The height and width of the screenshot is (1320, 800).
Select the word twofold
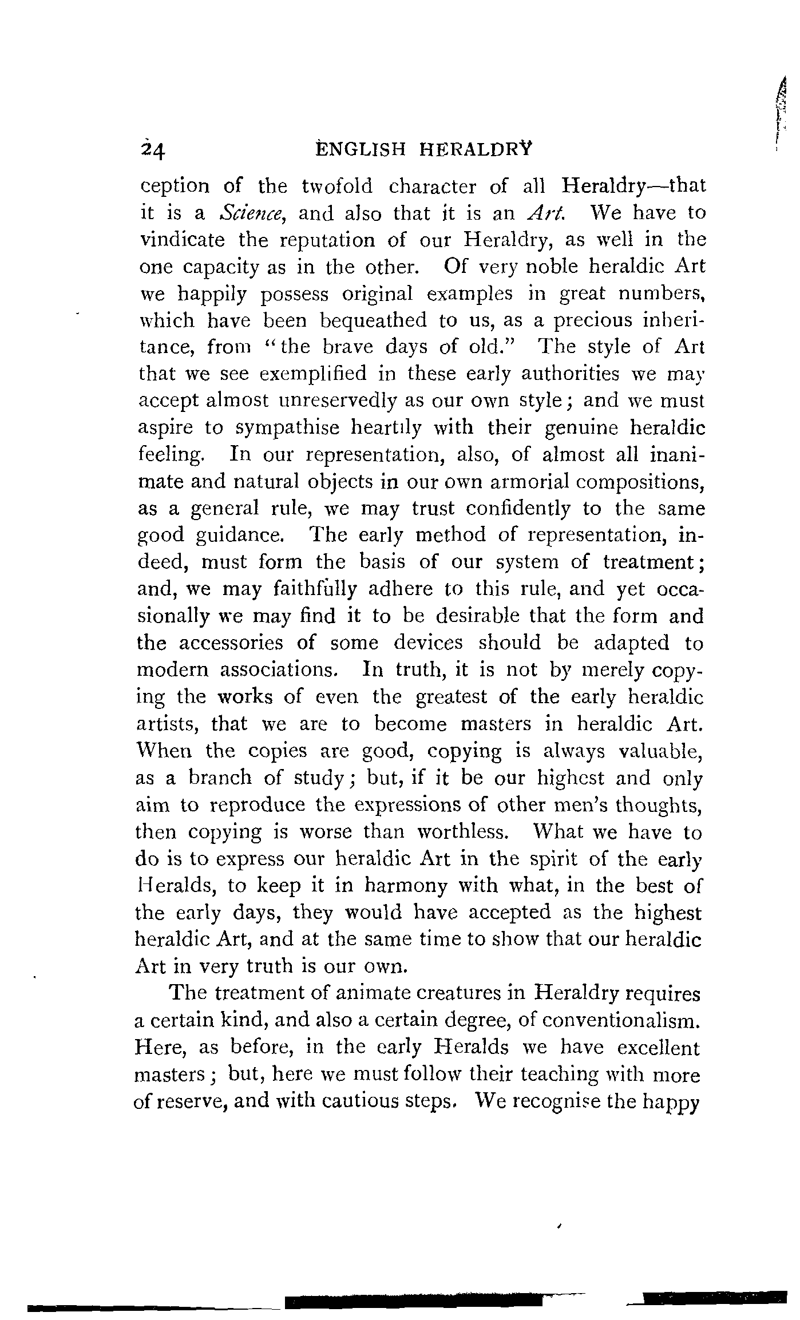point(336,186)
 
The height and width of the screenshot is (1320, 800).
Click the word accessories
point(231,643)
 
